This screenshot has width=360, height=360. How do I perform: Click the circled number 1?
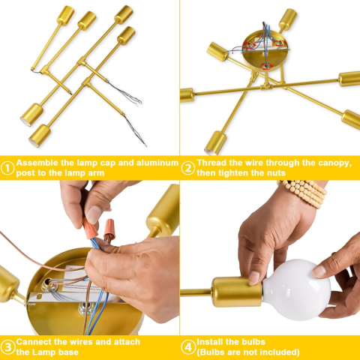pyautogui.click(x=7, y=168)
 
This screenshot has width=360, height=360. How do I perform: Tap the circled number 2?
pyautogui.click(x=188, y=168)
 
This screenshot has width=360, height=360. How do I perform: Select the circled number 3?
pyautogui.click(x=7, y=347)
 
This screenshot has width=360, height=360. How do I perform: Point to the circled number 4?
pyautogui.click(x=188, y=347)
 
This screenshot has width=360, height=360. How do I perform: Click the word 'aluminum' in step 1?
pyautogui.click(x=157, y=163)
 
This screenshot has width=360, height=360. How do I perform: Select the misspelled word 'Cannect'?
pyautogui.click(x=34, y=342)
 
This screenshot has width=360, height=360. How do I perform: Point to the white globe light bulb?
pyautogui.click(x=297, y=290)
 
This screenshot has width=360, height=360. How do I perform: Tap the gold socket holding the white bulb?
pyautogui.click(x=236, y=292)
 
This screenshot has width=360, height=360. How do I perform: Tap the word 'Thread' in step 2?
pyautogui.click(x=211, y=163)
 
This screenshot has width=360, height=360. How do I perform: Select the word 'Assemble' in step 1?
pyautogui.click(x=37, y=163)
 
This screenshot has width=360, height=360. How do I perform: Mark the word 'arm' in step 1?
pyautogui.click(x=96, y=173)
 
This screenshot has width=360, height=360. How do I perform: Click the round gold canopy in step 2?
pyautogui.click(x=265, y=51)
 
